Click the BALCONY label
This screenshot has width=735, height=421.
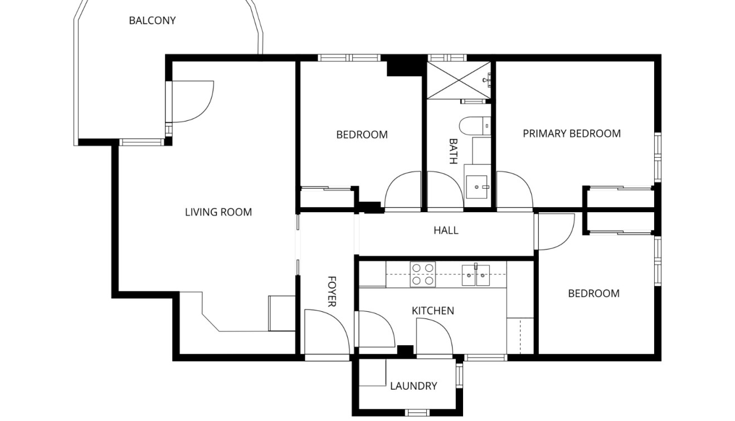[152, 21]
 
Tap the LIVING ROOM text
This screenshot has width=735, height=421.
[218, 212]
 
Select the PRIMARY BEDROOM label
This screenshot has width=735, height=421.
[571, 133]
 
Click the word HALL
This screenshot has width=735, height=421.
[446, 230]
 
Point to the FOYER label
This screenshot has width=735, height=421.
[331, 291]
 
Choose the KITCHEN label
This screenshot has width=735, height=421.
[432, 310]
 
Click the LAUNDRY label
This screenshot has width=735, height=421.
[413, 385]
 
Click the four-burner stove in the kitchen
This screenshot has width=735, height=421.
[422, 275]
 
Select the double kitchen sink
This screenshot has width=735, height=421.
[475, 275]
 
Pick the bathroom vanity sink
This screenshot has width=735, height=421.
[477, 187]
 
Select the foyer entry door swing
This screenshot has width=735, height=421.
[327, 332]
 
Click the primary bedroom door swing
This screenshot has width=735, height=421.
[513, 192]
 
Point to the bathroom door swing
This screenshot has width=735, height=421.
[444, 192]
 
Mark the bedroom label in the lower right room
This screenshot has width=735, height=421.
[593, 293]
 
